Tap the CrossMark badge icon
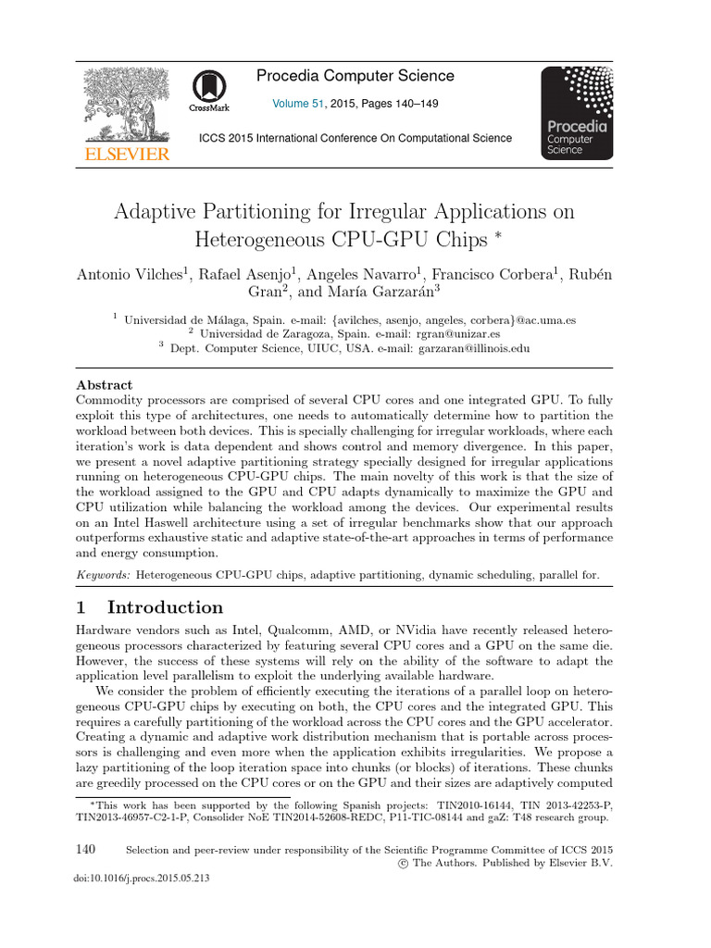click(210, 90)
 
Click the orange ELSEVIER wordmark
click(126, 154)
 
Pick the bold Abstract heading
click(104, 385)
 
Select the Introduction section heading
click(165, 608)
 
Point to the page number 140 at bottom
click(84, 849)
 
